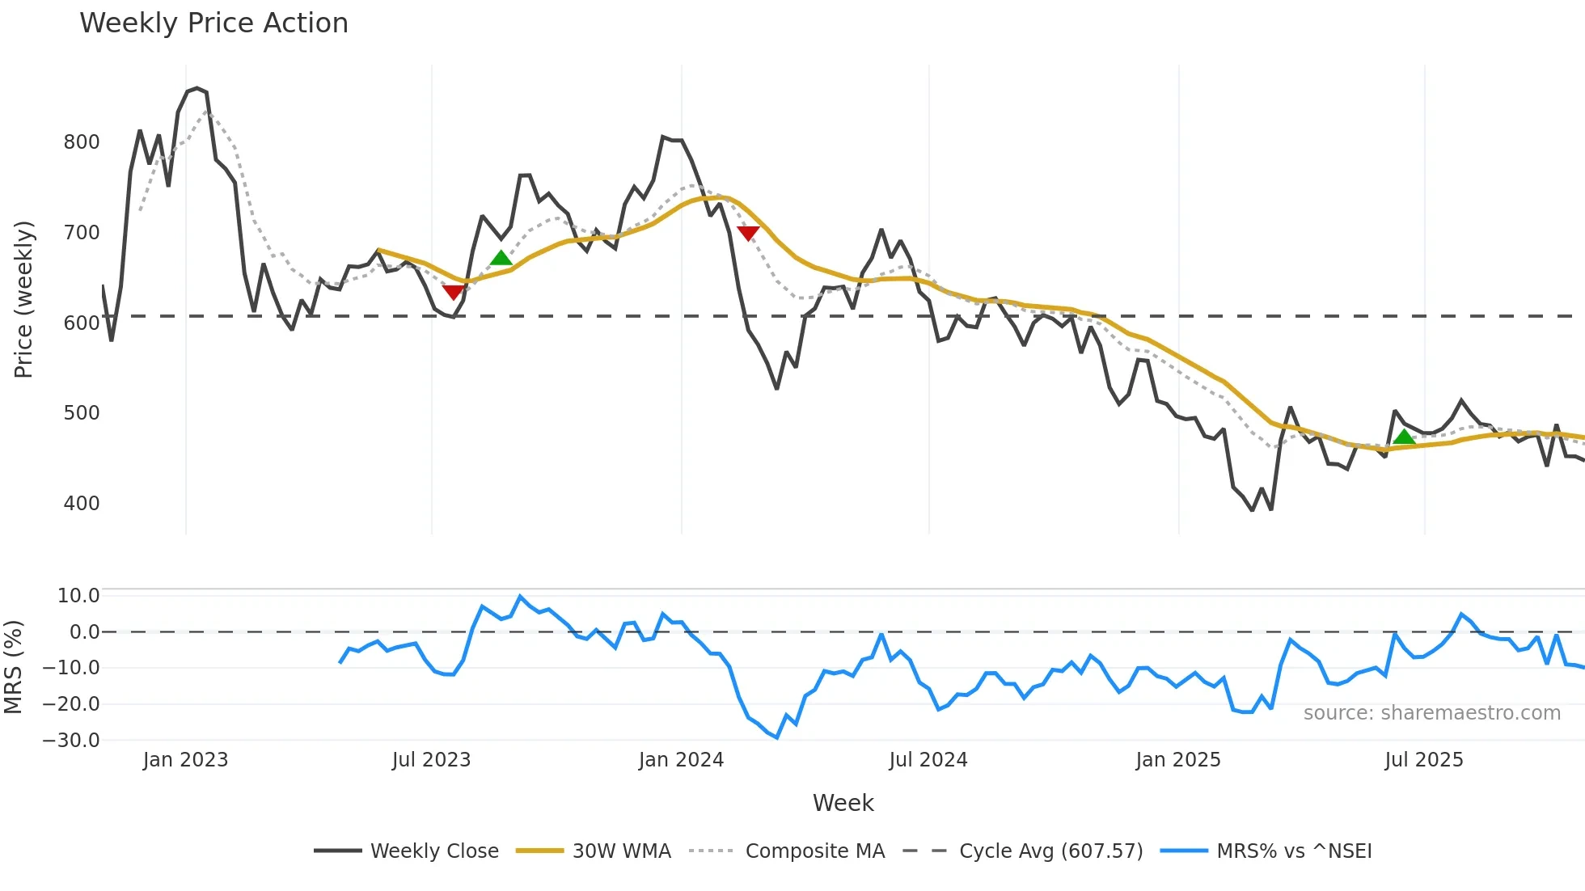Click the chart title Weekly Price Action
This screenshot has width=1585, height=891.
pyautogui.click(x=213, y=23)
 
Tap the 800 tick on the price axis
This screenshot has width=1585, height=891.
pyautogui.click(x=81, y=142)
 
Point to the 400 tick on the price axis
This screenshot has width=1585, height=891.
pyautogui.click(x=81, y=504)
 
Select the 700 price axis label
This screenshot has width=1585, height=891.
pyautogui.click(x=81, y=233)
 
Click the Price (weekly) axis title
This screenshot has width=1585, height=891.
pyautogui.click(x=23, y=299)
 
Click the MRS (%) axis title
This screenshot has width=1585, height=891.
pyautogui.click(x=13, y=667)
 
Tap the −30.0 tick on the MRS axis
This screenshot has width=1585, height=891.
pyautogui.click(x=71, y=741)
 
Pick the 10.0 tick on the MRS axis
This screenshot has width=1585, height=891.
pyautogui.click(x=78, y=596)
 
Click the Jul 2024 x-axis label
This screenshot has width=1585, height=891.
pyautogui.click(x=928, y=760)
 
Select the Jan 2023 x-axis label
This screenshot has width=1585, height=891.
pyautogui.click(x=185, y=760)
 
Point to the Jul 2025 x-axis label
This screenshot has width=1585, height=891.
pyautogui.click(x=1423, y=760)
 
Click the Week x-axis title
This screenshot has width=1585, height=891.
pyautogui.click(x=843, y=803)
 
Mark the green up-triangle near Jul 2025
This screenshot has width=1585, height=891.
pyautogui.click(x=1404, y=437)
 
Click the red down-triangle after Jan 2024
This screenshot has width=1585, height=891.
pyautogui.click(x=748, y=234)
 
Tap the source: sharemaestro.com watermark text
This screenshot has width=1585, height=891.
pyautogui.click(x=1431, y=713)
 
